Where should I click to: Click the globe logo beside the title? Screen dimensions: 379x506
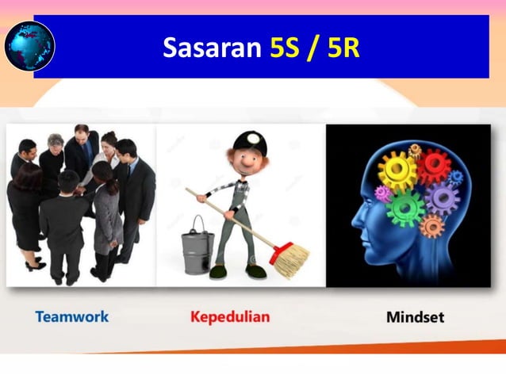[x=29, y=46]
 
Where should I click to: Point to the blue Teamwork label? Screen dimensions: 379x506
[x=72, y=317]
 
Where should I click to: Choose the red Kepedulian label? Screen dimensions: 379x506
[x=230, y=317]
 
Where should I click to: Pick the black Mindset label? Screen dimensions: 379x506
[x=415, y=317]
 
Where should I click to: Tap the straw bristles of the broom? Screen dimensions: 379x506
[x=290, y=258]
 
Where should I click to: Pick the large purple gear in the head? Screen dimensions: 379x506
[x=441, y=198]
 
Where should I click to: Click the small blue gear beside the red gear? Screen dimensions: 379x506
[x=456, y=178]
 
